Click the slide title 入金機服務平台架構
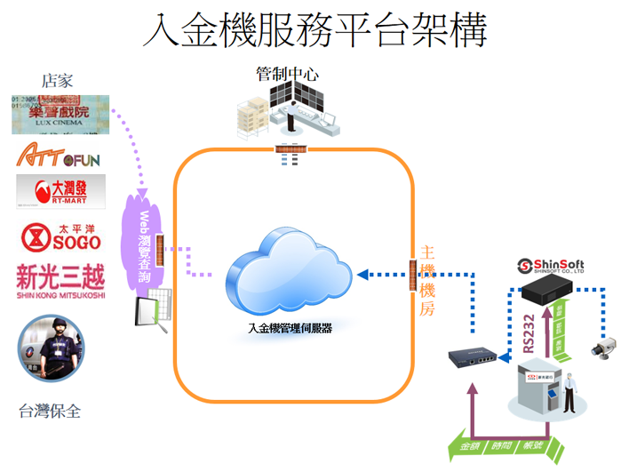[x=315, y=32]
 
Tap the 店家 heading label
[x=55, y=81]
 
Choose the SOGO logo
[x=60, y=237]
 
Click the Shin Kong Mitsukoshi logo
[x=60, y=281]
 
